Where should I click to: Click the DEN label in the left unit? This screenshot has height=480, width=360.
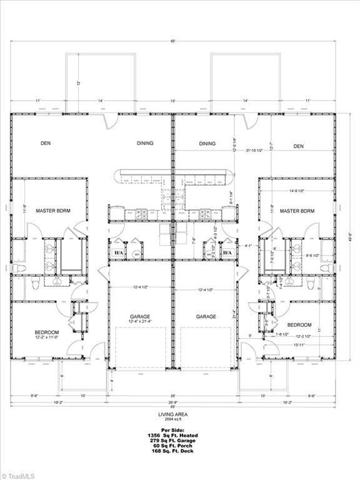tap(46, 143)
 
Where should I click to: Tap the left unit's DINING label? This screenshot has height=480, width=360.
tap(145, 143)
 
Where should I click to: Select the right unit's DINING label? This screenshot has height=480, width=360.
tap(207, 144)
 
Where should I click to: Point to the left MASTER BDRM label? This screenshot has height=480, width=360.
tap(52, 211)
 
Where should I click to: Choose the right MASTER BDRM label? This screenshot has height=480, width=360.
tap(297, 211)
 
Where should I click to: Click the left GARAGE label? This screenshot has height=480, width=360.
tap(140, 317)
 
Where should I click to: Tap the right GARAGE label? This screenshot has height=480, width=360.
tap(206, 317)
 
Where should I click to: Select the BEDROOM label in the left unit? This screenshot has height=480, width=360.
tap(47, 332)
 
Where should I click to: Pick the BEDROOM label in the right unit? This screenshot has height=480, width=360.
tap(299, 325)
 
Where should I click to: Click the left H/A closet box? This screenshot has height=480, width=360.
tap(118, 252)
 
